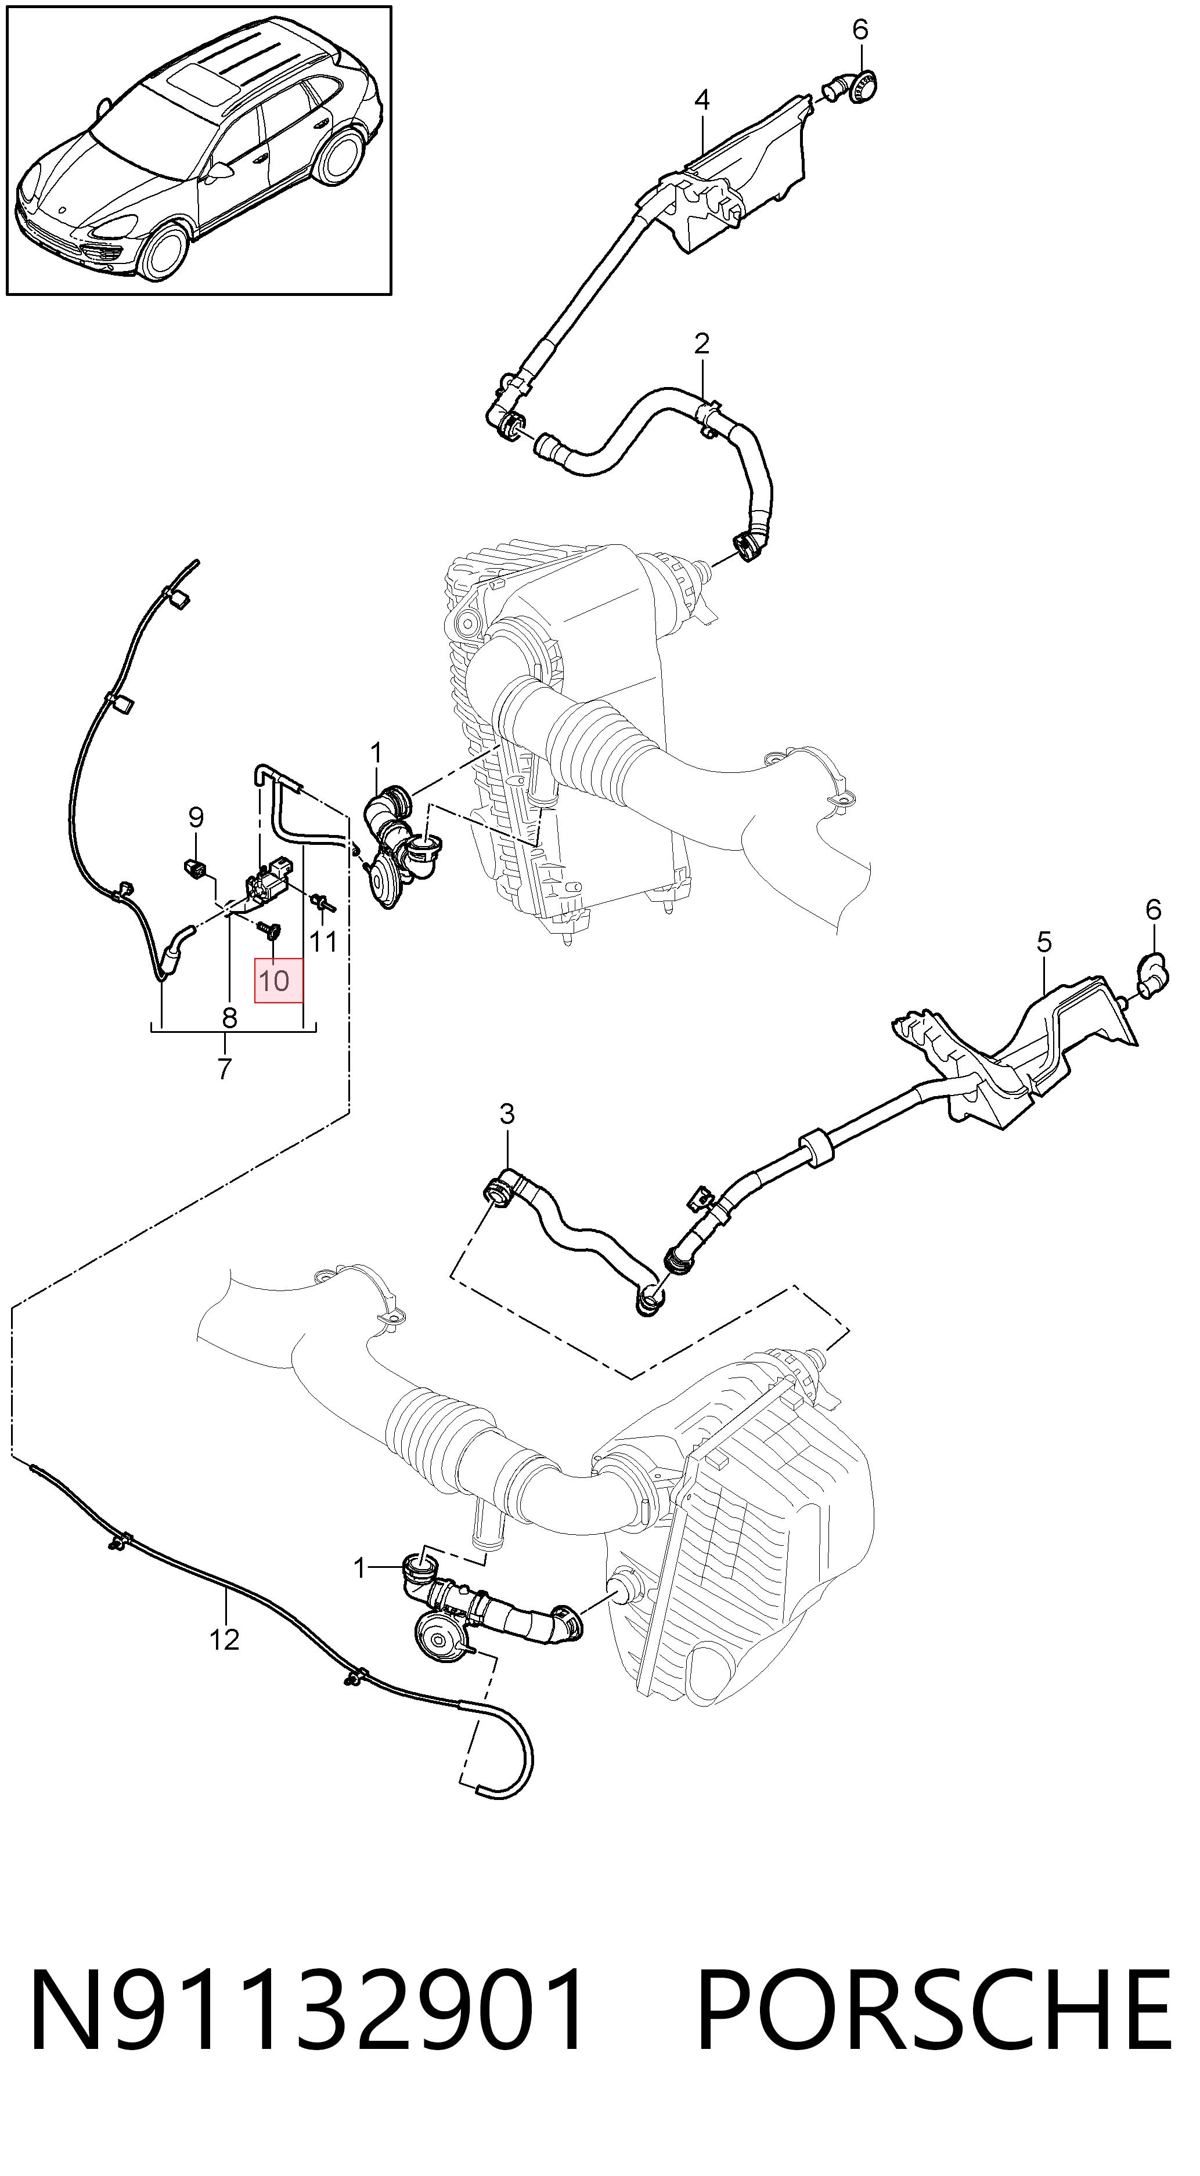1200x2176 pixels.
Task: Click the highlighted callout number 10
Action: click(x=275, y=981)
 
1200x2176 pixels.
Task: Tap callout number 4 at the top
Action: click(x=702, y=100)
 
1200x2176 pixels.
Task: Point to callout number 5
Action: click(x=1044, y=941)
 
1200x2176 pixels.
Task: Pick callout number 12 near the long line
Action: click(x=225, y=1640)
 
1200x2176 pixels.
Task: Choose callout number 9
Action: click(x=196, y=817)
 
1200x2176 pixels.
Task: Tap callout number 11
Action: click(x=324, y=940)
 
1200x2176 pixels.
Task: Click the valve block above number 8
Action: click(x=267, y=881)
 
